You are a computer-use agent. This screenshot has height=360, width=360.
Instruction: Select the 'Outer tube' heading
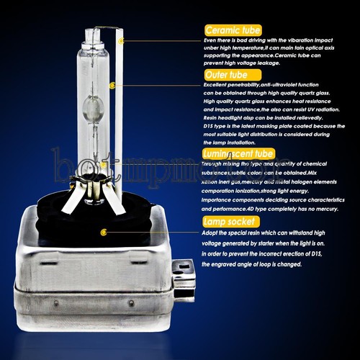coord(224,74)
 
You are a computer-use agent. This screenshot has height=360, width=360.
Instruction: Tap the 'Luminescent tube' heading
coord(238,153)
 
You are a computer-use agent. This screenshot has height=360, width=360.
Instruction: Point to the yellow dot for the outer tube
coord(112,85)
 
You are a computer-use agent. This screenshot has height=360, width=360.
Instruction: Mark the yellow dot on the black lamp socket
coord(104,232)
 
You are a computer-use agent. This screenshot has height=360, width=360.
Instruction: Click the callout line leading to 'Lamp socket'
coord(155,232)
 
